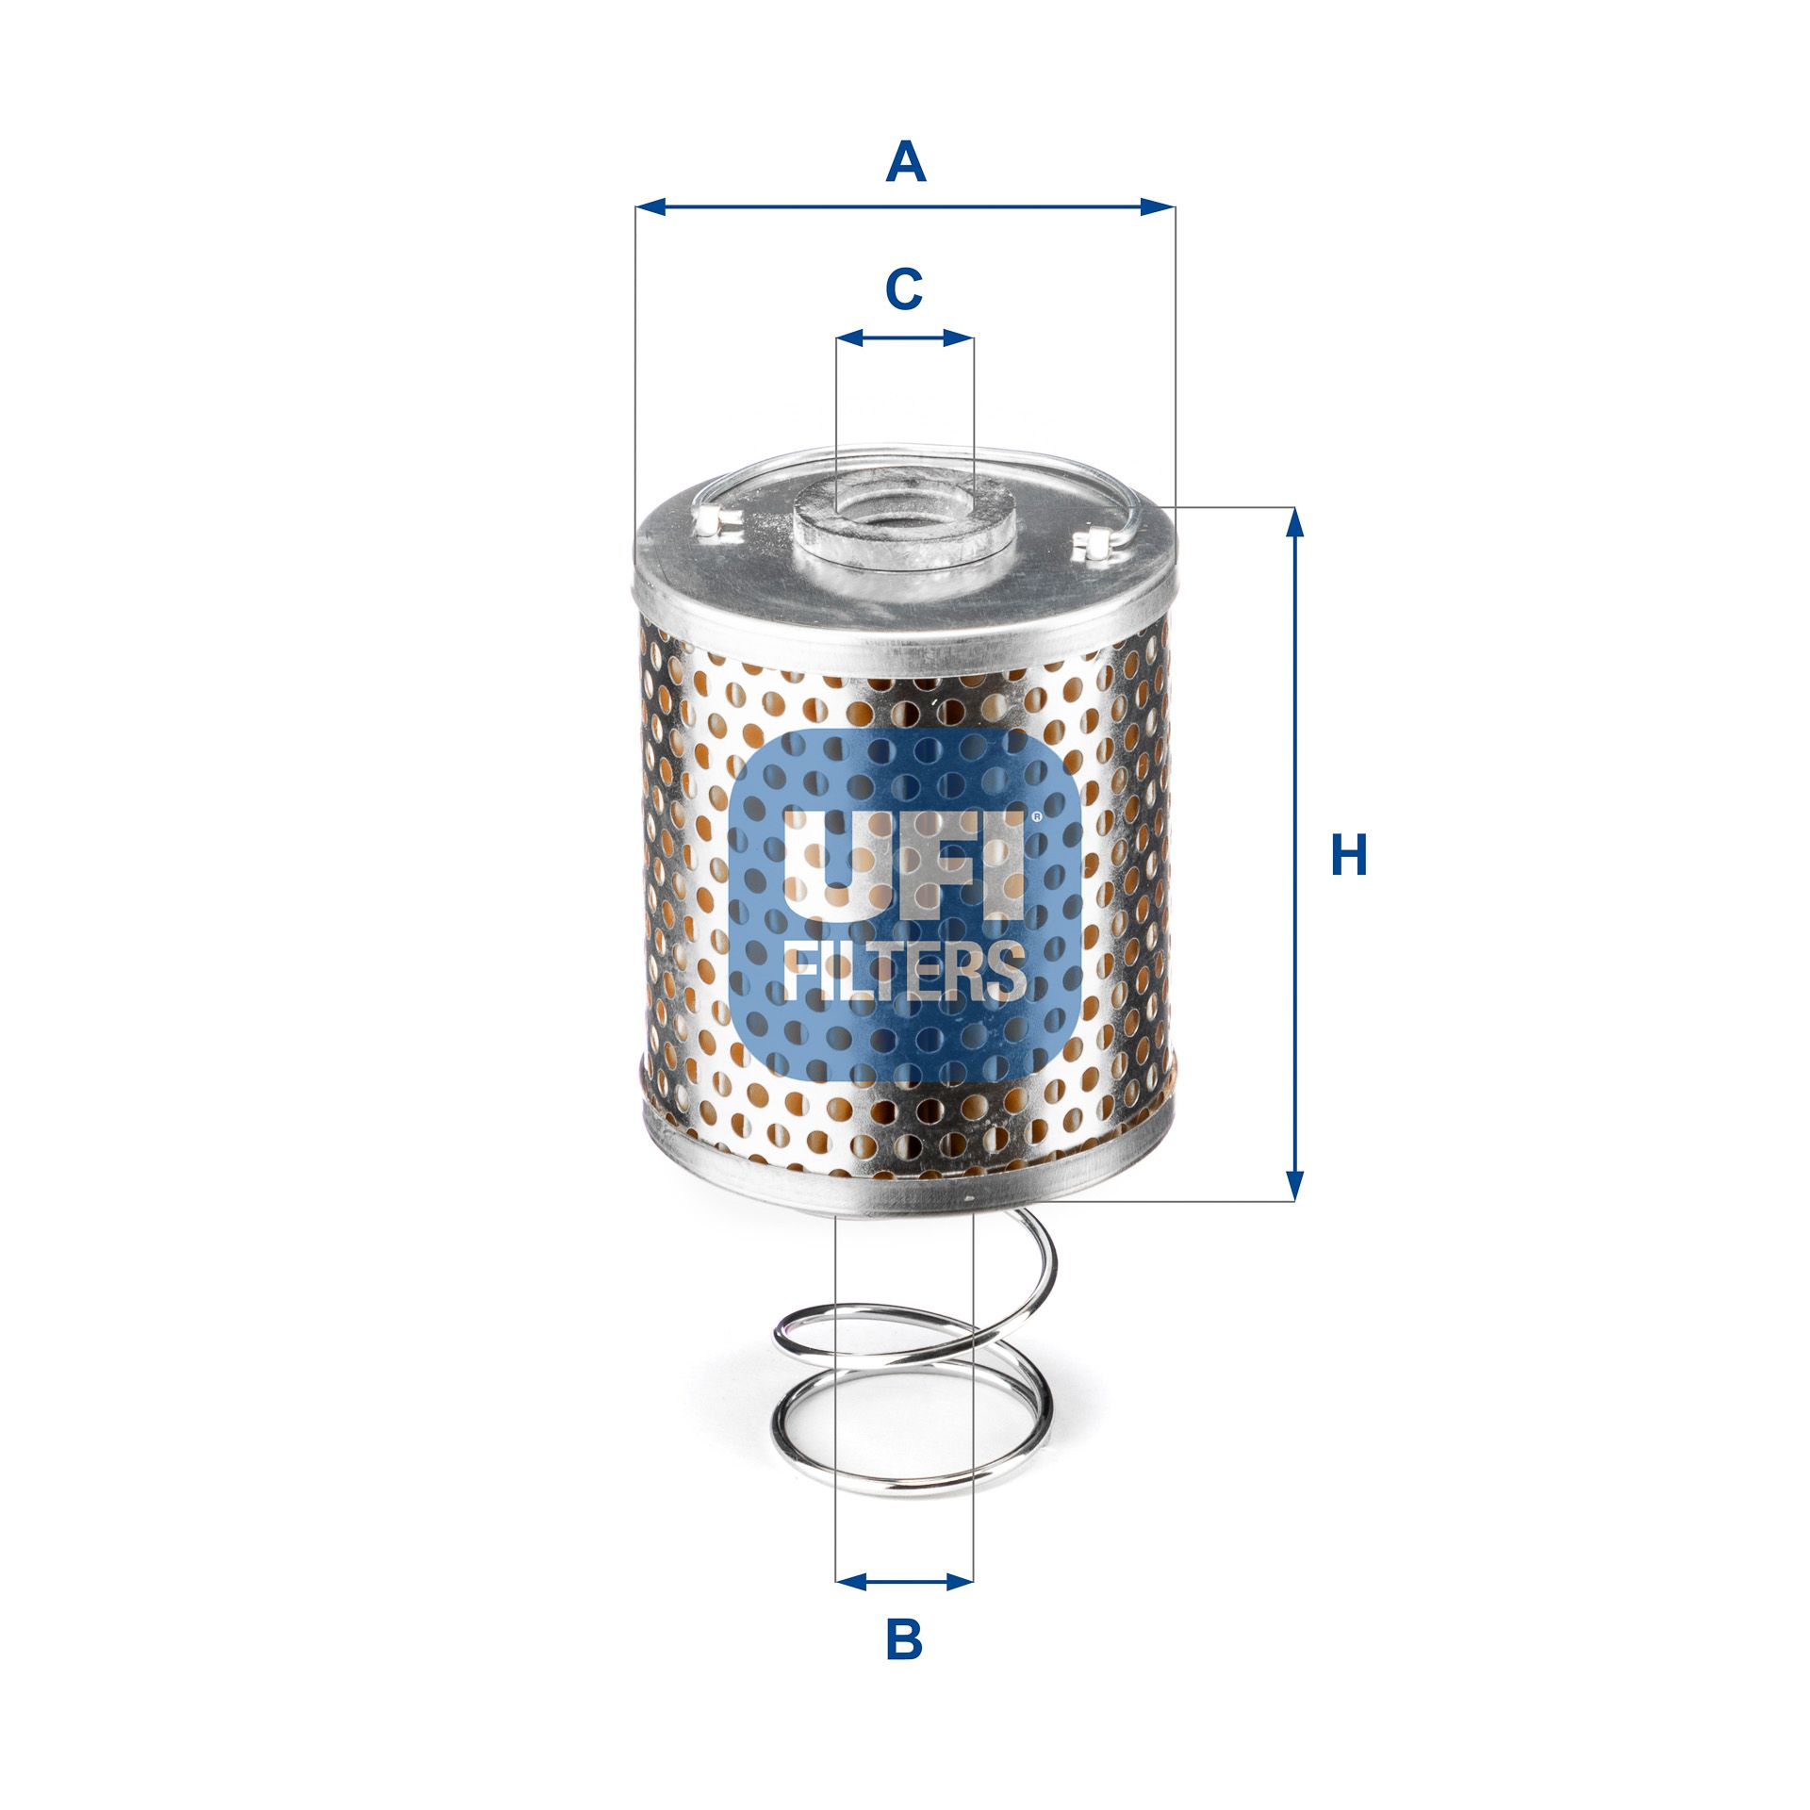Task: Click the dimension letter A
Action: point(905,162)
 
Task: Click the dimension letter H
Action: point(1348,855)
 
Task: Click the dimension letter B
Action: point(904,1640)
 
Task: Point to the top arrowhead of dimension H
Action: point(1295,521)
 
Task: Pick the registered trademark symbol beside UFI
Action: point(1036,817)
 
